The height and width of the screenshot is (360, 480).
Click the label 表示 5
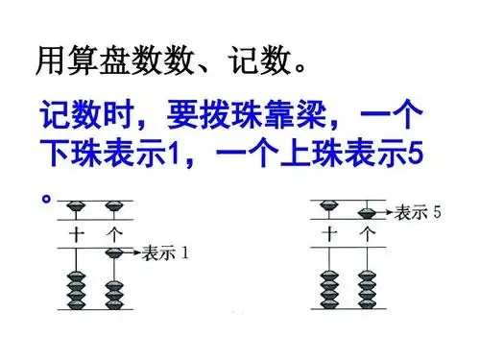419,213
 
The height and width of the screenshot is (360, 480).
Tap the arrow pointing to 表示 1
133,254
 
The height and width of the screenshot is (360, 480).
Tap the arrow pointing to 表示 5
385,213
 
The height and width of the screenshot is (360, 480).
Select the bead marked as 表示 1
115,253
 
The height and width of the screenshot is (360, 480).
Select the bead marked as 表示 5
367,212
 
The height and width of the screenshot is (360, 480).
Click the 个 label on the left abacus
115,231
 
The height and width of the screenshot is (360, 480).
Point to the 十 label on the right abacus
330,231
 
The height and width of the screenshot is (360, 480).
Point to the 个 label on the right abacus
367,231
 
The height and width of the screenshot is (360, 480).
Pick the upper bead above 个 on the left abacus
115,205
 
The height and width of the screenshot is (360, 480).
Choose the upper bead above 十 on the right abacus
330,204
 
